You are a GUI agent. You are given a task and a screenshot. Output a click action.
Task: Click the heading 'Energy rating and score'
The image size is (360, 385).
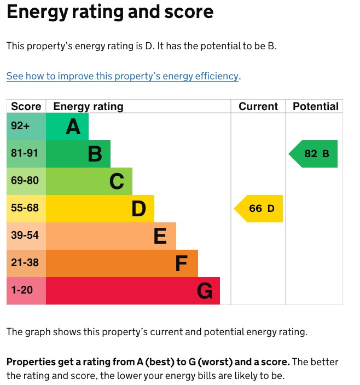point(110,13)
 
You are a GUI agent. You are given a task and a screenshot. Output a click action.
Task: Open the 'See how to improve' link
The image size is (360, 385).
point(123,76)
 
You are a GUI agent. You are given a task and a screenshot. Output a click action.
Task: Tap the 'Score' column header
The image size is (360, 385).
point(26,106)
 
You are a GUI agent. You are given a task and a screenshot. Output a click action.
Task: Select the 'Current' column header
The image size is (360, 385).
point(258,106)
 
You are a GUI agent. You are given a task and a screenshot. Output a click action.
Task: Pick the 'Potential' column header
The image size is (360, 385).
point(315,106)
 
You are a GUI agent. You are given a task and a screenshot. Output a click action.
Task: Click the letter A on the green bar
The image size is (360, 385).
point(73,127)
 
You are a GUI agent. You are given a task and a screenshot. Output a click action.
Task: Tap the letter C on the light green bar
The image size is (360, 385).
point(117,182)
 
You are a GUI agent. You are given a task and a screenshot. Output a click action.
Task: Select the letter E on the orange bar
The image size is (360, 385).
point(160,237)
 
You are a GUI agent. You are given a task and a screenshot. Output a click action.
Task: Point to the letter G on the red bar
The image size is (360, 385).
point(205,291)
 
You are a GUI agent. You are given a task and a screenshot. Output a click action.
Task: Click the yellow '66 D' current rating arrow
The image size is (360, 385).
point(259,209)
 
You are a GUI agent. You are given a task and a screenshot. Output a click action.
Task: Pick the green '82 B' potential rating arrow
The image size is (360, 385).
point(314,154)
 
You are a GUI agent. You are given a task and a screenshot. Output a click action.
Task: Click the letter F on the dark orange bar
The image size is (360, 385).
point(182,264)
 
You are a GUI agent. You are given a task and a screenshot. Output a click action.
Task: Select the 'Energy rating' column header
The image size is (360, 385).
point(88,106)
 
